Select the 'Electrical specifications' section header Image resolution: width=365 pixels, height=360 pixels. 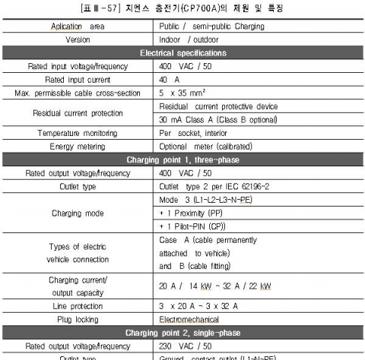[182, 53]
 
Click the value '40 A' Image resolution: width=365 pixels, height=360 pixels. [170, 80]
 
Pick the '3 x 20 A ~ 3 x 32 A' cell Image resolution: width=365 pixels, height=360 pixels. [198, 306]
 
